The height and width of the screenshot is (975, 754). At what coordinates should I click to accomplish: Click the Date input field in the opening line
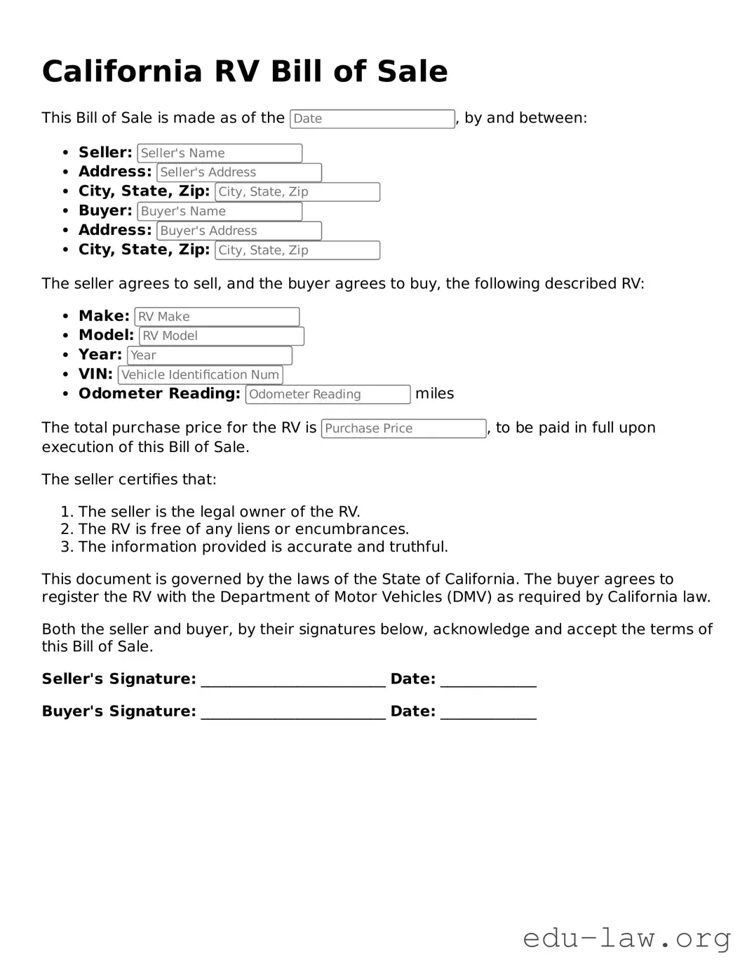pyautogui.click(x=372, y=118)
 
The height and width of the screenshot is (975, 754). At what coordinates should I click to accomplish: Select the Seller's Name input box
pyautogui.click(x=220, y=153)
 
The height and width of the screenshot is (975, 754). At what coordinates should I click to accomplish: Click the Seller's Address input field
pyautogui.click(x=238, y=172)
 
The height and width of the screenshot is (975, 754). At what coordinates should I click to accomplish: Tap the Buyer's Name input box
pyautogui.click(x=220, y=211)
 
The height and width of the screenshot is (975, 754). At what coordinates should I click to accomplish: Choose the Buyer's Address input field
pyautogui.click(x=238, y=231)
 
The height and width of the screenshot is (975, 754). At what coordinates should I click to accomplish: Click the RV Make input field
pyautogui.click(x=217, y=317)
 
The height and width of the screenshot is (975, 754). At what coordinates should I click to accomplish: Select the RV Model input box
pyautogui.click(x=221, y=336)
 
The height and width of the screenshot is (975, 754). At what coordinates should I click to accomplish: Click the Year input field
pyautogui.click(x=209, y=355)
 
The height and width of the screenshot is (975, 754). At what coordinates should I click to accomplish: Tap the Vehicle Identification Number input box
pyautogui.click(x=200, y=375)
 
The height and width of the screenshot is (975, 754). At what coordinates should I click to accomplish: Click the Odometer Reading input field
pyautogui.click(x=328, y=395)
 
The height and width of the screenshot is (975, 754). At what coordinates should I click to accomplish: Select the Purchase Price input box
pyautogui.click(x=403, y=428)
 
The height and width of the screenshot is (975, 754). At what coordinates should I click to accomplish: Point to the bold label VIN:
pyautogui.click(x=95, y=374)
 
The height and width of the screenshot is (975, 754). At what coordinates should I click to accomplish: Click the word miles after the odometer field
pyautogui.click(x=434, y=394)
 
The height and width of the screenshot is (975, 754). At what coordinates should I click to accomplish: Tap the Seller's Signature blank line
pyautogui.click(x=292, y=681)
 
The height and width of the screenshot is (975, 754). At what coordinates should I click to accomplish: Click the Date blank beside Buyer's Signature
pyautogui.click(x=488, y=713)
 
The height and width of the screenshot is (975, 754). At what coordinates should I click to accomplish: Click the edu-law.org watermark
pyautogui.click(x=626, y=938)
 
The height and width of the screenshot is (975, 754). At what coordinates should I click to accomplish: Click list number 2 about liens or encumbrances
pyautogui.click(x=67, y=529)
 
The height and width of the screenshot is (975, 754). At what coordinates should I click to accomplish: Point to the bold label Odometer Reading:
pyautogui.click(x=159, y=394)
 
